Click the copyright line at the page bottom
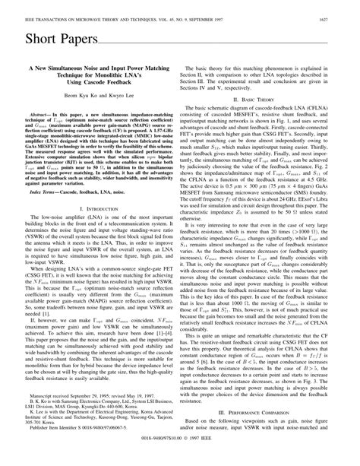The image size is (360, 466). [180, 459]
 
